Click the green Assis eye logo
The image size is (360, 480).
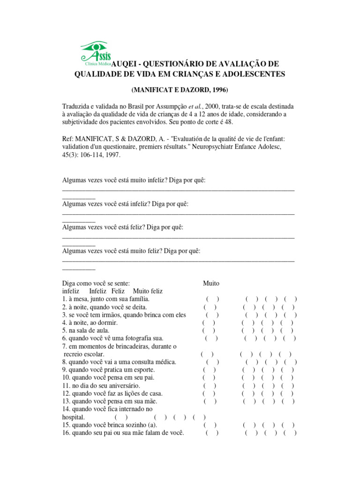(96, 52)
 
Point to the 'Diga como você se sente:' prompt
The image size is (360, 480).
(96, 283)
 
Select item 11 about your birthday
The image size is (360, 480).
(101, 385)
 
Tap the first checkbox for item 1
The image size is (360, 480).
(212, 299)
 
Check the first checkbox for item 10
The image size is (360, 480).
(209, 377)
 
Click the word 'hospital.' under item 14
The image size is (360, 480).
(74, 417)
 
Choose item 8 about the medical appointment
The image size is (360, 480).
(119, 362)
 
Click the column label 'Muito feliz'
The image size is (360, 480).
(148, 291)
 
